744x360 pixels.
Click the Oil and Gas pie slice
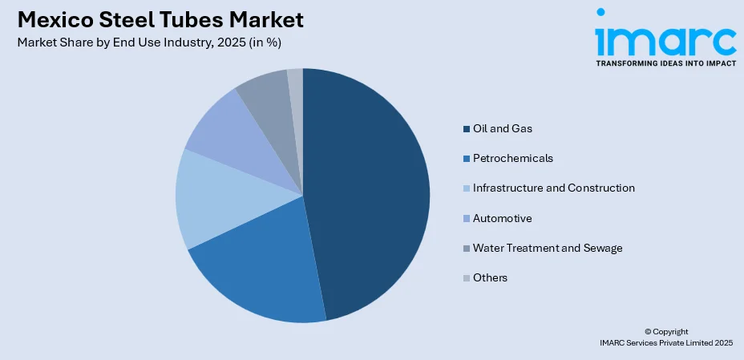(x=369, y=192)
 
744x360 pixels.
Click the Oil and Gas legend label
(x=502, y=128)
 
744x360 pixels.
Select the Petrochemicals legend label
(x=512, y=158)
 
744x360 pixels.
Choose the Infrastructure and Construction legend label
(x=553, y=188)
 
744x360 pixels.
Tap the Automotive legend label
(x=502, y=218)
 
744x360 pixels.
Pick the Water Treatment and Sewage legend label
(x=548, y=248)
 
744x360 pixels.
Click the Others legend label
(x=490, y=277)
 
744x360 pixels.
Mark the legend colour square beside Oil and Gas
(x=466, y=129)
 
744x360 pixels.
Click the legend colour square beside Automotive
(x=466, y=219)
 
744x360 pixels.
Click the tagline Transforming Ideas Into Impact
(x=665, y=63)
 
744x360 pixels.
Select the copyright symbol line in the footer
(x=666, y=331)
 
